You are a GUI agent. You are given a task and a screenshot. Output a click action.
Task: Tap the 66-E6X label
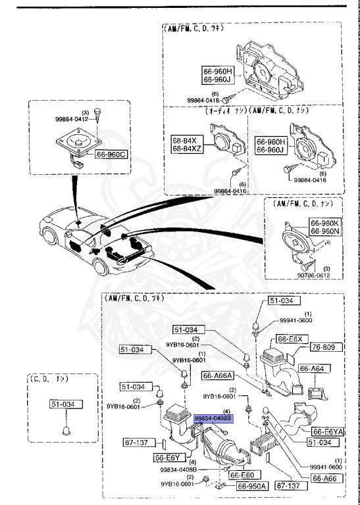[290, 339]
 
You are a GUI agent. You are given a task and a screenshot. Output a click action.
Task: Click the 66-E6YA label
[327, 431]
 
